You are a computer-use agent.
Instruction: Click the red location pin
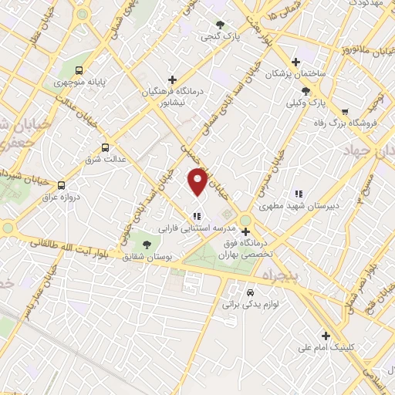(197, 181)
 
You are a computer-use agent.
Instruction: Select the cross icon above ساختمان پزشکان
(295, 62)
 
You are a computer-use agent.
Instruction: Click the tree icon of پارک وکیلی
(306, 89)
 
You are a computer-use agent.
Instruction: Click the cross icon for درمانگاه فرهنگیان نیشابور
(172, 79)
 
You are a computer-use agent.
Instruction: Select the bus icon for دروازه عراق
(62, 184)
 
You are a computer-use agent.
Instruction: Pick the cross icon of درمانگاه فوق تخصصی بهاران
(245, 231)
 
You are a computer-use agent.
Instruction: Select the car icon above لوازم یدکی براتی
(250, 293)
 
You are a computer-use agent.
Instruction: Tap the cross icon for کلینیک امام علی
(326, 336)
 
